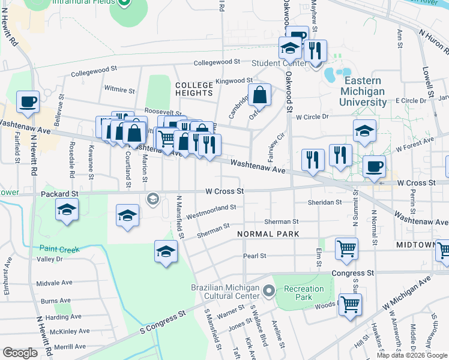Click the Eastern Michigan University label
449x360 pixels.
pos(363,91)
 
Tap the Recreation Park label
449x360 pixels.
pos(304,293)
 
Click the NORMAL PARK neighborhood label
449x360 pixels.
pos(264,233)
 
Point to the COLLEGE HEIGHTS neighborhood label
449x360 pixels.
pos(194,89)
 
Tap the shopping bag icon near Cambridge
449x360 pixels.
pos(259,95)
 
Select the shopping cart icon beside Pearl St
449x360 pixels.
pos(346,248)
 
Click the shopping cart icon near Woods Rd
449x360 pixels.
pos(350,304)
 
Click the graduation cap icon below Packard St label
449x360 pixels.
pos(67,210)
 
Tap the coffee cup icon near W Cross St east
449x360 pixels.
pos(374,167)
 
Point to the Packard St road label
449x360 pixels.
pos(59,194)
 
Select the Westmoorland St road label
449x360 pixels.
pos(210,212)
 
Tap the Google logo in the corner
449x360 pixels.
pos(20,353)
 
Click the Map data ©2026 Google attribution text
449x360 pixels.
pos(412,355)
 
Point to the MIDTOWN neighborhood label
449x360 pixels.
pos(415,245)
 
